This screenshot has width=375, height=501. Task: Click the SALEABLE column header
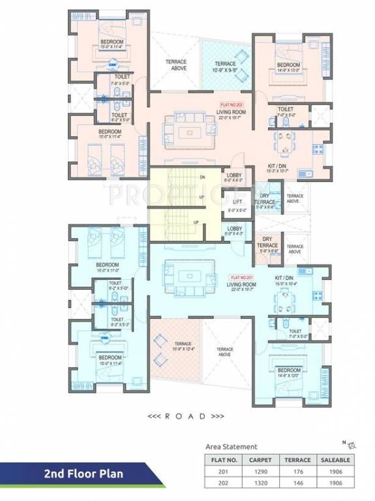click(335, 459)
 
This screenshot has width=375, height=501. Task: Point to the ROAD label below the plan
click(187, 415)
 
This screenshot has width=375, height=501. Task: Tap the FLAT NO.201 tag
click(240, 277)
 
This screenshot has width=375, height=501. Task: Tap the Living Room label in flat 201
click(240, 286)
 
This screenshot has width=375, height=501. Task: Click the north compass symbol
click(353, 445)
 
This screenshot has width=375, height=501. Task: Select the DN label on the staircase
click(202, 177)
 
